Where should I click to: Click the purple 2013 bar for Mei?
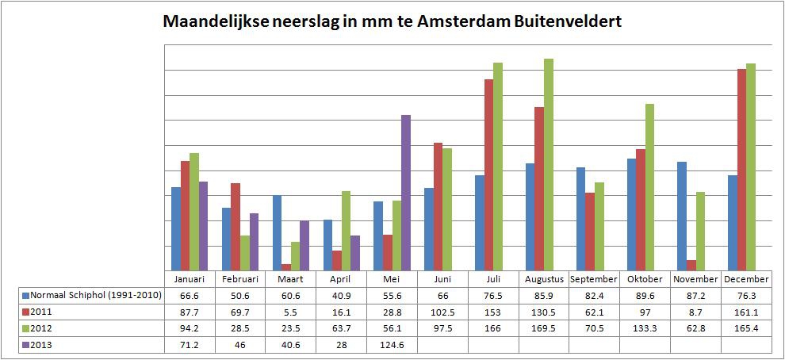[406, 193]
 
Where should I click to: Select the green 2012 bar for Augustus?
[549, 165]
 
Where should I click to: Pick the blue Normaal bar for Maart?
[277, 233]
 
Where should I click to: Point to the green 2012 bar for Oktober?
[649, 187]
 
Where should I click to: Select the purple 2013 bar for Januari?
[203, 226]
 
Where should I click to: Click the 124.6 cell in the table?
[392, 345]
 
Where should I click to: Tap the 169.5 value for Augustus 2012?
[544, 328]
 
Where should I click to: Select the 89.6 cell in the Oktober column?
[645, 295]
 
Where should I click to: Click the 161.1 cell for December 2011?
[746, 312]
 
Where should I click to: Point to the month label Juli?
[493, 278]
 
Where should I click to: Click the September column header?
[594, 278]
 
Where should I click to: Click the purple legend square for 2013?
[26, 345]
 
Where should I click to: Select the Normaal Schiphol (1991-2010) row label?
[96, 295]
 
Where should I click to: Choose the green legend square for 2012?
[26, 328]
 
